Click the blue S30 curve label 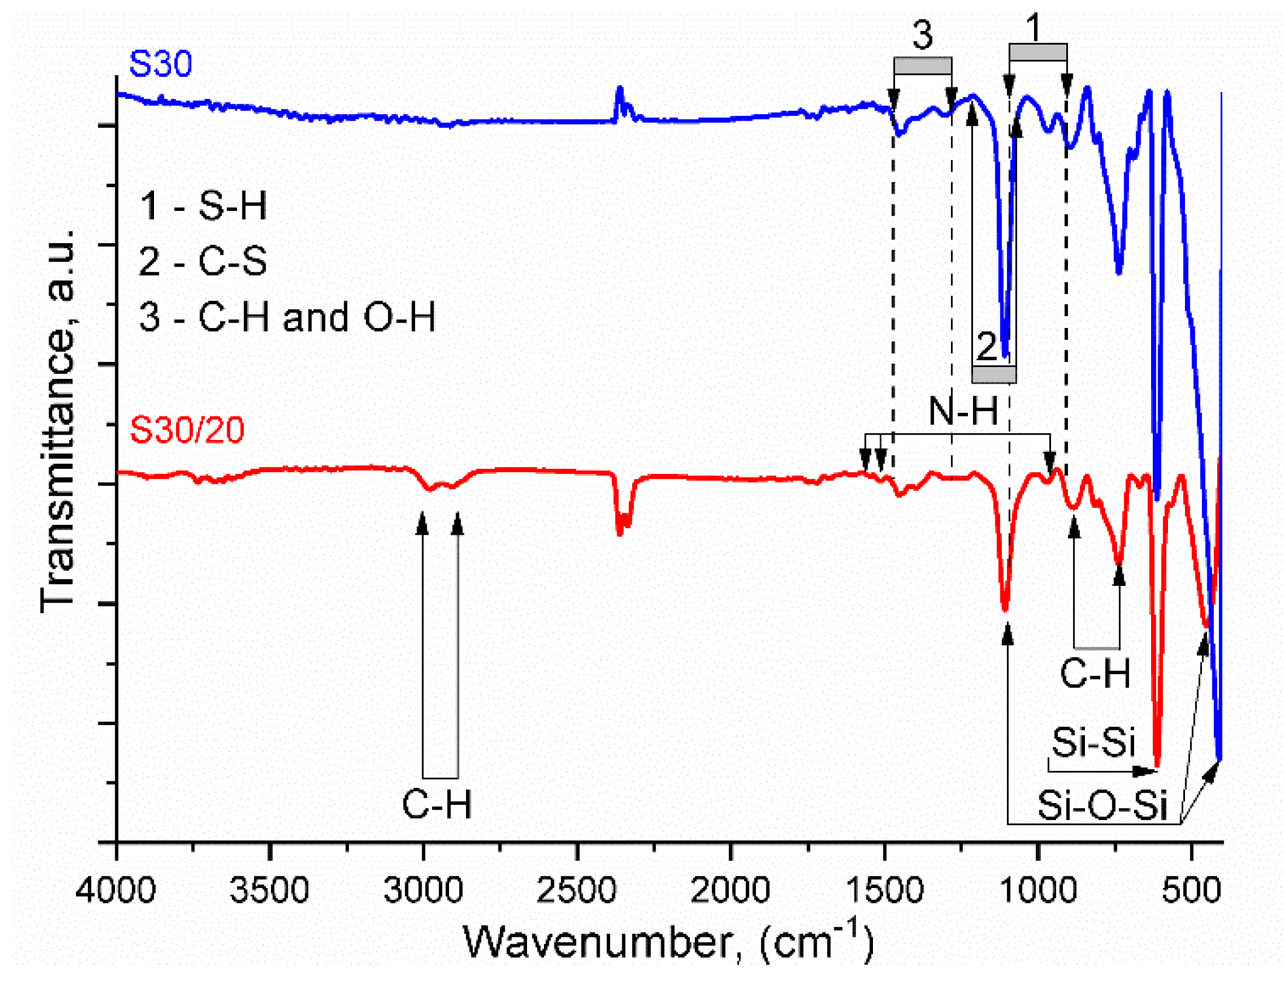pos(160,64)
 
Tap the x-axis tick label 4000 pos(116,890)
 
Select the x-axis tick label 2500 pos(577,890)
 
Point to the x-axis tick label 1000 pos(1038,890)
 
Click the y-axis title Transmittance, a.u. pos(59,420)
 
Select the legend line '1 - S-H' pos(203,206)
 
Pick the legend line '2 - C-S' pos(203,261)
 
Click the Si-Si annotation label pos(1093,742)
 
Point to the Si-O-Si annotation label pos(1102,805)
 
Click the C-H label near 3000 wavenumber pos(437,804)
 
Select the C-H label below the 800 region pos(1095,673)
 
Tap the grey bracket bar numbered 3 pos(922,66)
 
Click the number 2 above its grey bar pos(987,346)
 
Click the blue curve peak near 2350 pos(619,90)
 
